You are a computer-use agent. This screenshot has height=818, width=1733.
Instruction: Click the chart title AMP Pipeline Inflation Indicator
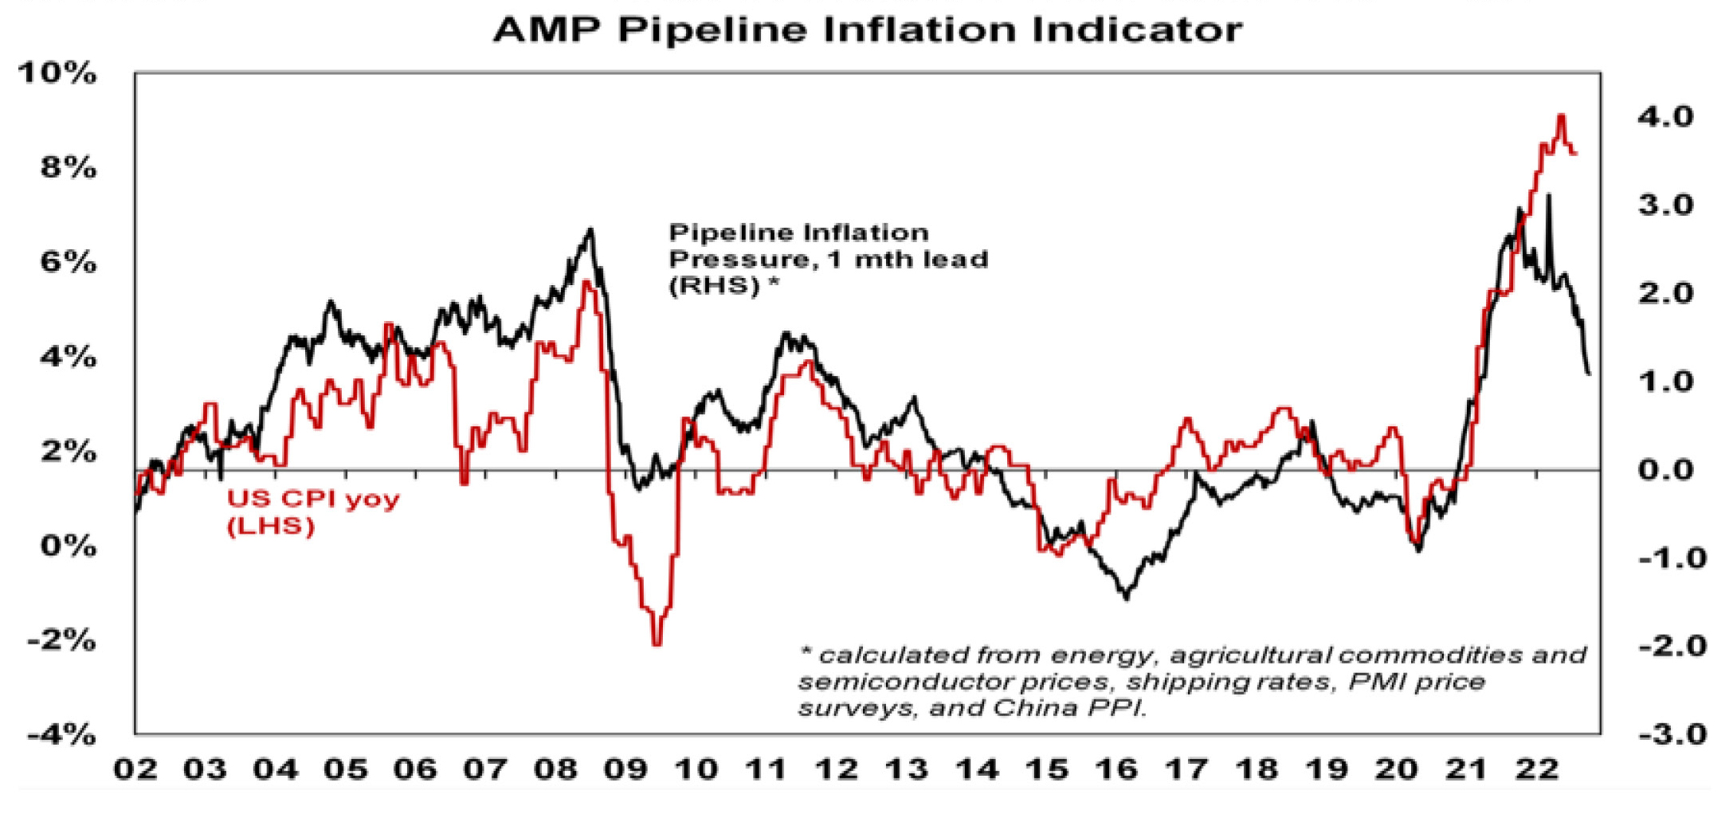867,30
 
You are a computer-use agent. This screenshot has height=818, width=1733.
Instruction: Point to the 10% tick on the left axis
57,73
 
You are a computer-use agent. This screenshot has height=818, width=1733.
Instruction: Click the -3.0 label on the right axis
1672,734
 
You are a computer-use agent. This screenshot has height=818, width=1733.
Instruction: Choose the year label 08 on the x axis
555,769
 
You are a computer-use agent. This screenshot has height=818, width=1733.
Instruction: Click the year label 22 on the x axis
1536,769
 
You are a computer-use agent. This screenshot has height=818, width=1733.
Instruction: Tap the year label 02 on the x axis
135,769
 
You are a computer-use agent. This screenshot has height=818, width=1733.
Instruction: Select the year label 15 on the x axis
1046,769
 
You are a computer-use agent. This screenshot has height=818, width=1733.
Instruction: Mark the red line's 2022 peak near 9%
1561,116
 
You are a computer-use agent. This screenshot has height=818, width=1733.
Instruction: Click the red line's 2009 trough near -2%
657,644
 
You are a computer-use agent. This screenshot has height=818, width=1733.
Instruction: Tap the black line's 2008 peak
590,230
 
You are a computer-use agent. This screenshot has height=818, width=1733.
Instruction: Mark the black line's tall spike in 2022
1548,195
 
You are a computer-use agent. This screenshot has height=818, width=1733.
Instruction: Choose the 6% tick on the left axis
68,262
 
